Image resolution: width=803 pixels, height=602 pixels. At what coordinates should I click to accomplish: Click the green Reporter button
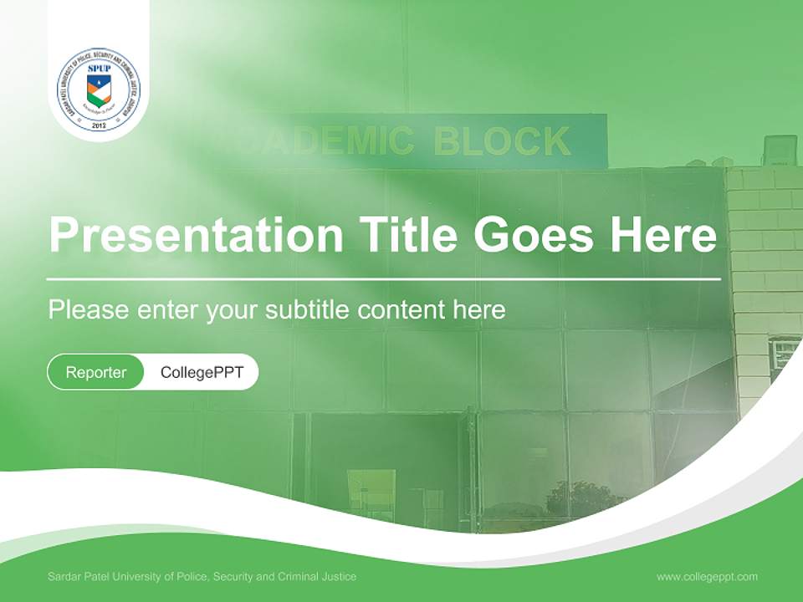click(x=95, y=372)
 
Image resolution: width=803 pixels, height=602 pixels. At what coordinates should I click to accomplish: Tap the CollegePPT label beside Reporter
click(x=202, y=372)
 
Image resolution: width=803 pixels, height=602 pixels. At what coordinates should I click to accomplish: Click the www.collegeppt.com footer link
click(x=707, y=576)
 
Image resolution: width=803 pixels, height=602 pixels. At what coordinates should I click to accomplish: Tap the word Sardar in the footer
click(x=63, y=576)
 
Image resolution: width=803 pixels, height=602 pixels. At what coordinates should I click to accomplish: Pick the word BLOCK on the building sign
click(x=502, y=141)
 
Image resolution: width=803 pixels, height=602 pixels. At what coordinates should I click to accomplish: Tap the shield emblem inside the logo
click(x=99, y=89)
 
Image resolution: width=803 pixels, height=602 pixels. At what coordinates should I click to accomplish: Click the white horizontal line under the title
click(x=384, y=279)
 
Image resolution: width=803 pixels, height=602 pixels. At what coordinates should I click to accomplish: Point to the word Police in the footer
click(x=188, y=576)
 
